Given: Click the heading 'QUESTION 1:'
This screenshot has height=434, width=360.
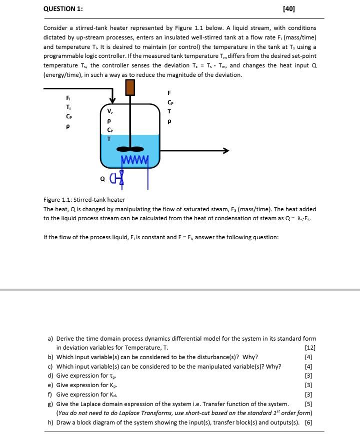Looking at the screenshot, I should pyautogui.click(x=63, y=9).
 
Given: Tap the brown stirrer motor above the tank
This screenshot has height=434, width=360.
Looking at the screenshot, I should pyautogui.click(x=130, y=87).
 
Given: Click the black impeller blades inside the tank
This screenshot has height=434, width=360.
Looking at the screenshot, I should pyautogui.click(x=130, y=148).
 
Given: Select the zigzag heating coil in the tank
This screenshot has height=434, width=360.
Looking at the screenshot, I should pyautogui.click(x=135, y=160).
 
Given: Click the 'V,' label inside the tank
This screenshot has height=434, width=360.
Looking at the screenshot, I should pyautogui.click(x=109, y=111).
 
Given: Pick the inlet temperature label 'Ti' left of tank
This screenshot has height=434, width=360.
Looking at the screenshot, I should pyautogui.click(x=68, y=107).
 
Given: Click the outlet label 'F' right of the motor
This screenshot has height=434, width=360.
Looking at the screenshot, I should pyautogui.click(x=169, y=93).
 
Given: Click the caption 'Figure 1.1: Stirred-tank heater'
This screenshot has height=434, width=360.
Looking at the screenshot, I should pyautogui.click(x=84, y=200).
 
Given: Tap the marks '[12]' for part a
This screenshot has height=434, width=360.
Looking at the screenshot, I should pyautogui.click(x=310, y=348).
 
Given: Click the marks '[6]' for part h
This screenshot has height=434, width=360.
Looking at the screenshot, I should pyautogui.click(x=308, y=422).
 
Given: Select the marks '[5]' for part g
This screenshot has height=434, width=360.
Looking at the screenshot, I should pyautogui.click(x=308, y=404).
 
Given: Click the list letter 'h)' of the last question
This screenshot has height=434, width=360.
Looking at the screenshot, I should pyautogui.click(x=50, y=422).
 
